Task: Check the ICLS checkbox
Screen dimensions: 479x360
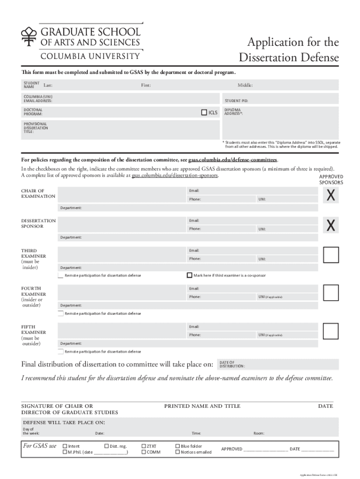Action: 204,112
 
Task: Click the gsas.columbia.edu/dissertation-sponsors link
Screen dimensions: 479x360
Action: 174,175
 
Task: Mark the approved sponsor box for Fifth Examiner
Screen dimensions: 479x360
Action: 331,331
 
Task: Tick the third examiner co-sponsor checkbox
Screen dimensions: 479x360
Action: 189,275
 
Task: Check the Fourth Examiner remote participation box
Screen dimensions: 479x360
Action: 60,313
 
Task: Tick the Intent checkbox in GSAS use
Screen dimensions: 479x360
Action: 65,446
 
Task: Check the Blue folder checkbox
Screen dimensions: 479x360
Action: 178,446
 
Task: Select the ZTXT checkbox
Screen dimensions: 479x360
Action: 144,446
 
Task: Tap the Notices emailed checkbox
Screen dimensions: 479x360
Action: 178,452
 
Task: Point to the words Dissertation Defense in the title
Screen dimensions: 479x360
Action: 288,58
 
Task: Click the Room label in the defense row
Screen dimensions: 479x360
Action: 259,433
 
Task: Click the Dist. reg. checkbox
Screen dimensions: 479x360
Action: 106,446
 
